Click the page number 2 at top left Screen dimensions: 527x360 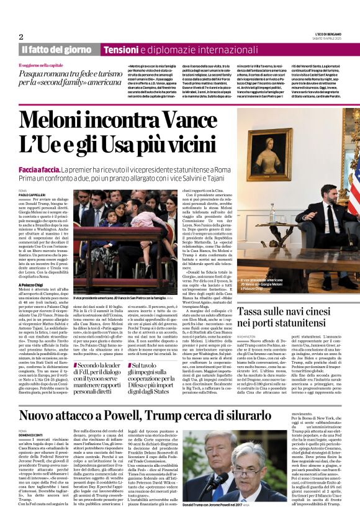click(20, 37)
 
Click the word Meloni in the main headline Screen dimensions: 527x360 click(55, 120)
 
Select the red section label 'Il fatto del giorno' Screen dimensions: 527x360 click(56, 49)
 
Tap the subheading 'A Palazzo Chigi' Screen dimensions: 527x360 click(33, 284)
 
